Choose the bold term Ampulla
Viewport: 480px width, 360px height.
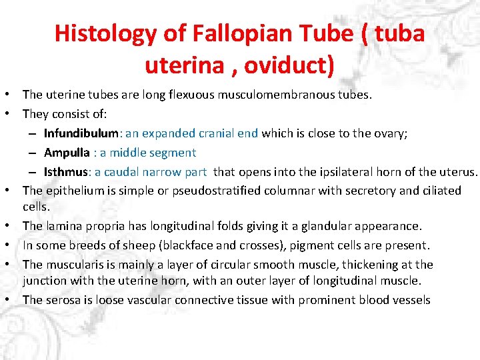[67, 153]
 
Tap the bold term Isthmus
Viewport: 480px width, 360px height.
[67, 171]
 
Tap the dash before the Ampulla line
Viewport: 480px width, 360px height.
[33, 153]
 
